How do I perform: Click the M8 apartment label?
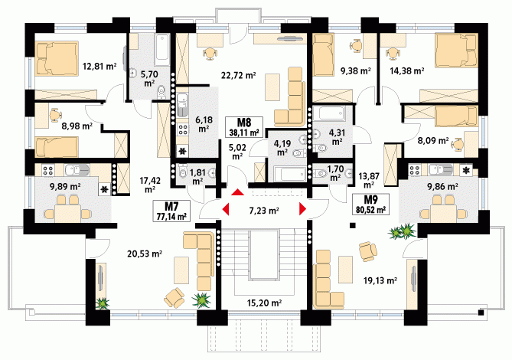pos(244,123)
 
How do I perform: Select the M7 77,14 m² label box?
pos(171,211)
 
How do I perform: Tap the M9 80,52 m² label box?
pos(370,205)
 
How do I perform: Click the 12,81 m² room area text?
pos(99,67)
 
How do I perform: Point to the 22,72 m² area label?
pos(238,76)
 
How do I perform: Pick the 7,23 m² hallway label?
pos(264,211)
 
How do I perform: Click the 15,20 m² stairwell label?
pos(265,303)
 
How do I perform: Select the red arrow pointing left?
pos(226,209)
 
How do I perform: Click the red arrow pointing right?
pos(303,209)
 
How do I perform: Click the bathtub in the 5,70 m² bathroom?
pos(162,50)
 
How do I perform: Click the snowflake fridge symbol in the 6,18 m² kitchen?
pos(182,151)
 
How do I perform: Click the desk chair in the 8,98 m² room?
pos(56,115)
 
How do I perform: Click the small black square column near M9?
pos(352,225)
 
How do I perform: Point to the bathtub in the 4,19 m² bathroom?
pos(290,173)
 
